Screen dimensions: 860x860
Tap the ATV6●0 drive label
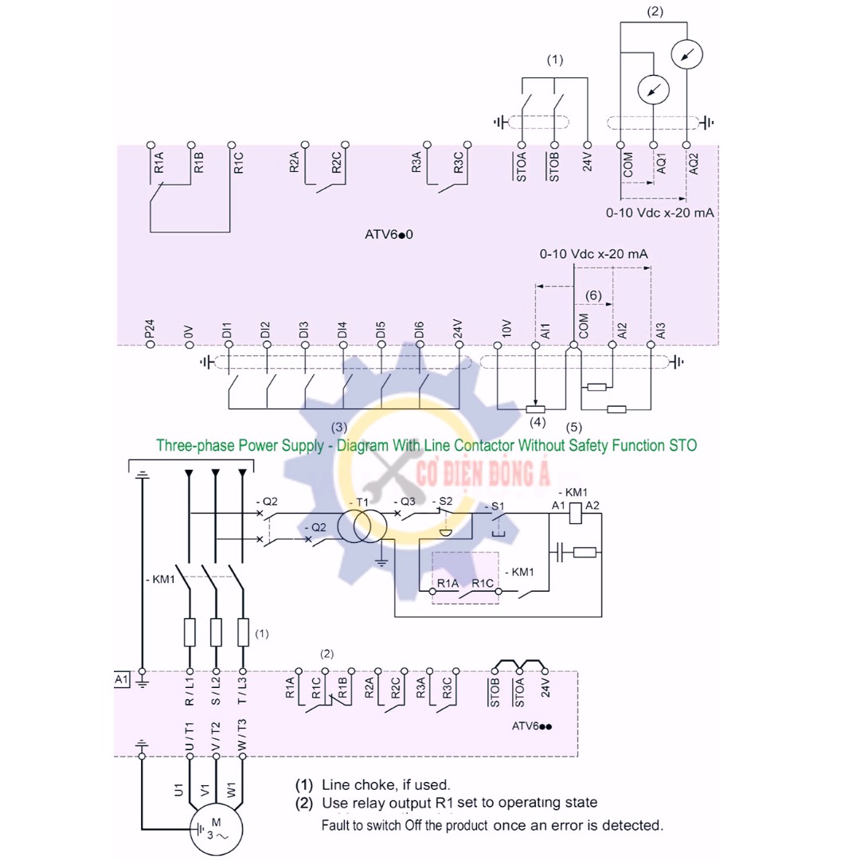(389, 234)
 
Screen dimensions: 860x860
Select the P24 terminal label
(149, 329)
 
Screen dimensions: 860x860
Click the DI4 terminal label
(342, 330)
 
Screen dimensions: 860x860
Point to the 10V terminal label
(506, 329)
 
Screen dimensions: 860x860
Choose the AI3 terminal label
(660, 330)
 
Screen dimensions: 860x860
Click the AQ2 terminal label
(694, 163)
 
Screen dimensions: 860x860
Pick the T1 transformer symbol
(362, 526)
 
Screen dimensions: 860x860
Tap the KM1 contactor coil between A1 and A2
(576, 514)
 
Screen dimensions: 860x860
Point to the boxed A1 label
(122, 679)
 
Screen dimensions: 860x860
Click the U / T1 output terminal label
(190, 737)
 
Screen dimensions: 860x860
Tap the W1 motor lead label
(231, 790)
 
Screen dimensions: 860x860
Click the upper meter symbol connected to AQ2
(686, 54)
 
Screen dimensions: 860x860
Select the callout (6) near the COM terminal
(593, 295)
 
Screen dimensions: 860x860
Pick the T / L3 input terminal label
(242, 690)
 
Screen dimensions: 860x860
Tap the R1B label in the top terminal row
(198, 163)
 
